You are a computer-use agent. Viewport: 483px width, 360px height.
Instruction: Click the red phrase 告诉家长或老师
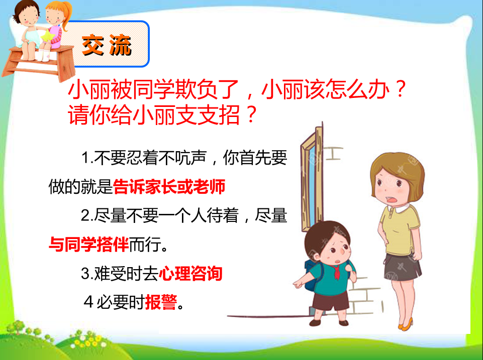tap(169, 186)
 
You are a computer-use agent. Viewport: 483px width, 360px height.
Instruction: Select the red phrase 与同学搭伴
tap(89, 245)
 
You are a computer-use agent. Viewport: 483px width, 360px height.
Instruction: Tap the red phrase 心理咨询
tap(190, 273)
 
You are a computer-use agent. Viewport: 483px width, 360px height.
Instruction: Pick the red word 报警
tap(161, 302)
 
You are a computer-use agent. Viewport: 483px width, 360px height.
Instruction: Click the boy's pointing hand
tap(298, 284)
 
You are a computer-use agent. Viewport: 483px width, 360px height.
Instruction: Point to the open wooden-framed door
tap(312, 178)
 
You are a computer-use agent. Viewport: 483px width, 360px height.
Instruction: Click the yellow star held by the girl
tap(48, 36)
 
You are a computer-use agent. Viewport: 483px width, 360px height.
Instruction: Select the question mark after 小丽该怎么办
tap(401, 89)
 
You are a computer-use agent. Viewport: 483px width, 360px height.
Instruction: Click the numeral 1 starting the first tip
tap(85, 158)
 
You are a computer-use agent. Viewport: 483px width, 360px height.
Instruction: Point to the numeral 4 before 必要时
tap(88, 302)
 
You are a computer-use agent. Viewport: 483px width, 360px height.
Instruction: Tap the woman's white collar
tap(400, 208)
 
